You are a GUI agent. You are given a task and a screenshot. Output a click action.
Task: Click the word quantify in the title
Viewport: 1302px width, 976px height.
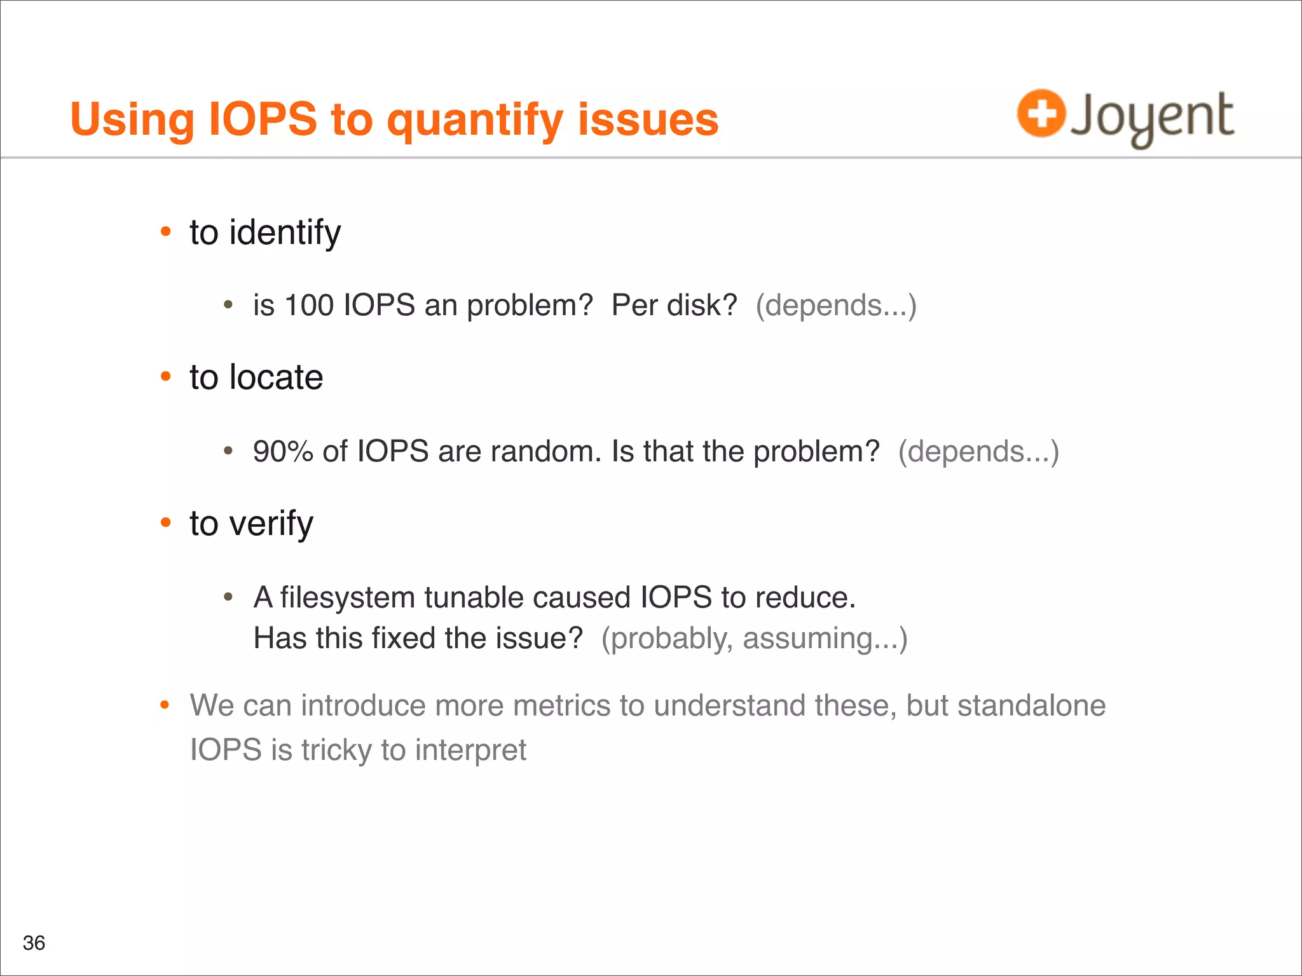[x=474, y=121]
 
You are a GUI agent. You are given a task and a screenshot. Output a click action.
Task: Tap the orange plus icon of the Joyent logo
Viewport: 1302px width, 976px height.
[x=1041, y=114]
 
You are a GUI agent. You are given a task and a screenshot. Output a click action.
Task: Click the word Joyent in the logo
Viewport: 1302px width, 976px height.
[x=1151, y=118]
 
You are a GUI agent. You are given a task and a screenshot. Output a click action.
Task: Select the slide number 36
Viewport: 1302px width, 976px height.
[x=34, y=942]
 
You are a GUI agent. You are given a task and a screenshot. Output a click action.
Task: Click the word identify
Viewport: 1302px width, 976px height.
[x=285, y=233]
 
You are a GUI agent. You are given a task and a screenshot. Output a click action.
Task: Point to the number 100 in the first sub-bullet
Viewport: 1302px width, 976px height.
[x=309, y=306]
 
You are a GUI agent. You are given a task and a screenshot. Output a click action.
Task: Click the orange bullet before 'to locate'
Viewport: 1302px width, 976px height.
[x=166, y=377]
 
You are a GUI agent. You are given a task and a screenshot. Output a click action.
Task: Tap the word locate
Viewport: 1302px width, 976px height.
[x=276, y=377]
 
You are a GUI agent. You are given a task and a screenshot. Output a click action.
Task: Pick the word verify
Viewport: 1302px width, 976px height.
[x=271, y=524]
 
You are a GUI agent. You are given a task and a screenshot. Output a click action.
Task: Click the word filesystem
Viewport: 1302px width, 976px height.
[x=347, y=598]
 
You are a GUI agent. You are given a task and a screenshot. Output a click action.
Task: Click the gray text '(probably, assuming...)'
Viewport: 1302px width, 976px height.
[x=754, y=639]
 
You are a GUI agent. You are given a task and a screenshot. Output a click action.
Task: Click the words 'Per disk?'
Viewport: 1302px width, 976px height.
[x=674, y=306]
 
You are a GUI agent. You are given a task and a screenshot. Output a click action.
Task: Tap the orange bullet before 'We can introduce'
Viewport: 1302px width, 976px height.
[x=165, y=705]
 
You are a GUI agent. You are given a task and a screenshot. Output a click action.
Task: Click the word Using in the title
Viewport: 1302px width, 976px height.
[x=132, y=119]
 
